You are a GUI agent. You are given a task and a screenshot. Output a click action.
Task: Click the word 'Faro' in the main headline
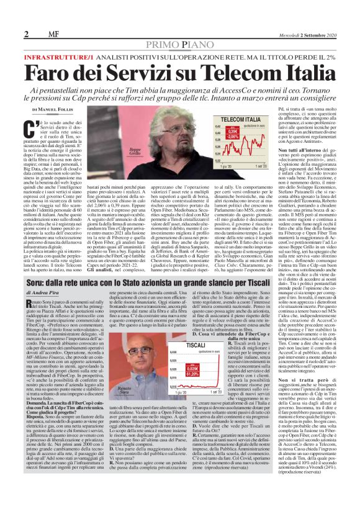63,61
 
